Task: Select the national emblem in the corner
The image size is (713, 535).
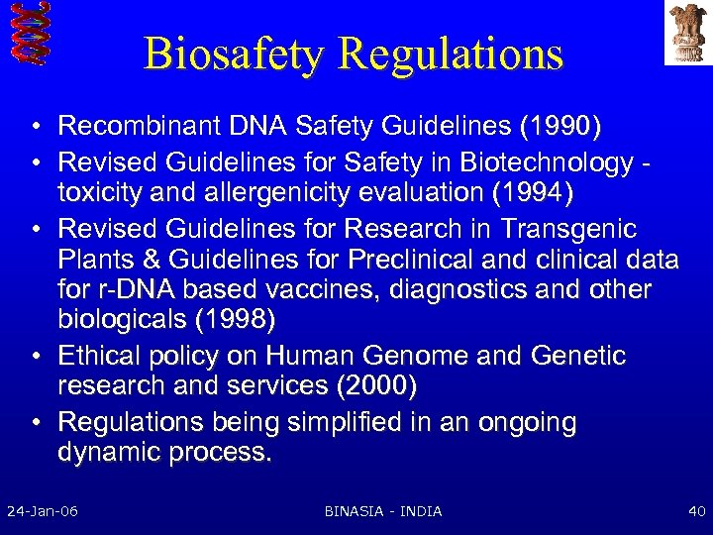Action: tap(686, 32)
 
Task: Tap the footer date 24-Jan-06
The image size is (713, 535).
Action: tap(43, 511)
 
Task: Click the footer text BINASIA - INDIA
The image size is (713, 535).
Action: tap(383, 511)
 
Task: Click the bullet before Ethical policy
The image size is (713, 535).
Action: tap(35, 356)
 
